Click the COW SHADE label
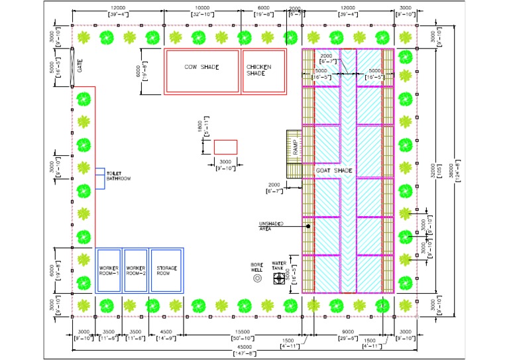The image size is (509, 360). (201, 67)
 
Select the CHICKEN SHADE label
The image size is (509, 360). (258, 70)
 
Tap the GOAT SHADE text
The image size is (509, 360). (334, 171)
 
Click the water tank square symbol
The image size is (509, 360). (279, 279)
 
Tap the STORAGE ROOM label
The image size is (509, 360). (166, 270)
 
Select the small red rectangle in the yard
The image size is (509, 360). (225, 147)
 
